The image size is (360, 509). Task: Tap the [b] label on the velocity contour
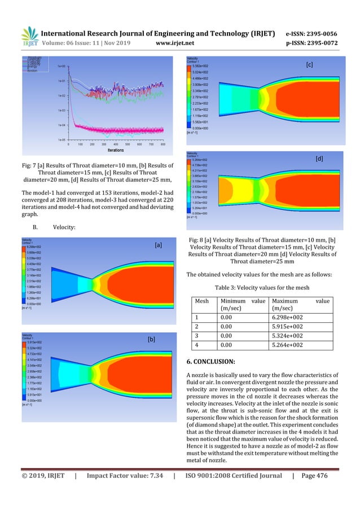[x=151, y=340]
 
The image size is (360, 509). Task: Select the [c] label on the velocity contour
[x=309, y=65]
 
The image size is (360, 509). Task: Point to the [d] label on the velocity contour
[x=319, y=160]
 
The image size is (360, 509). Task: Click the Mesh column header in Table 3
[x=201, y=301]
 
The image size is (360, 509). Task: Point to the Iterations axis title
[x=117, y=151]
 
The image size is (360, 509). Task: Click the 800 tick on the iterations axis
[x=163, y=144]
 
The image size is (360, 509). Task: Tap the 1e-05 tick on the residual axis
[x=61, y=139]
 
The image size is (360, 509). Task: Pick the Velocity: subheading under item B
[x=65, y=227]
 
